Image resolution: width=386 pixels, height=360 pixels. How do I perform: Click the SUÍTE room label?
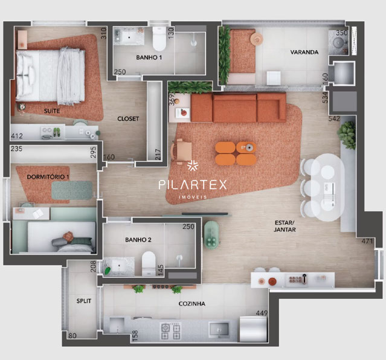(52, 111)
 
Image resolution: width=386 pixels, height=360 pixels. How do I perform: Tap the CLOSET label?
(128, 118)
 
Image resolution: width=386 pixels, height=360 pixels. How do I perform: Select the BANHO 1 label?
(149, 57)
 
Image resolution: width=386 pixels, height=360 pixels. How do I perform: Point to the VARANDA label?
(304, 52)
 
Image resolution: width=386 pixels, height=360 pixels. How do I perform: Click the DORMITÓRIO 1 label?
(48, 177)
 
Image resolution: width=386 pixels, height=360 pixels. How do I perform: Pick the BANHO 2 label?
(138, 240)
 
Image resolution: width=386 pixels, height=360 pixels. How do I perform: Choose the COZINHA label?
(191, 304)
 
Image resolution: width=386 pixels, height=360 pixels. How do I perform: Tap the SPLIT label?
(84, 301)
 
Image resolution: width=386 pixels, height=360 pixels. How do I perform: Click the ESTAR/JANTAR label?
(285, 226)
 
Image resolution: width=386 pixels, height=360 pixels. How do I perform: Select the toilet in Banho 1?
(159, 39)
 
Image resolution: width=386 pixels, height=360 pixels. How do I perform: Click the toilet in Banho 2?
(149, 263)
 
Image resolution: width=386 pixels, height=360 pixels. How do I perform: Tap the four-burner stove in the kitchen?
(170, 331)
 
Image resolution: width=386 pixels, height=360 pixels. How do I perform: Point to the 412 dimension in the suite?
(17, 136)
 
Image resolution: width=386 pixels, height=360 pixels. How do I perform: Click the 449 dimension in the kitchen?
(262, 313)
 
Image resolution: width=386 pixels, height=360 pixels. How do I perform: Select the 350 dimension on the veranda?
(342, 33)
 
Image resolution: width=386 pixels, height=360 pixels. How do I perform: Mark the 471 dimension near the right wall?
(367, 241)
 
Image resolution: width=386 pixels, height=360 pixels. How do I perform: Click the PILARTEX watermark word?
(193, 185)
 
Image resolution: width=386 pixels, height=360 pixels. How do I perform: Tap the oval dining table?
(327, 187)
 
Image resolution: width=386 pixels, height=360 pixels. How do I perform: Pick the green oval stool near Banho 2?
(211, 234)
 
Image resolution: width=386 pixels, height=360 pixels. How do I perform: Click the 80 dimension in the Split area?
(72, 335)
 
